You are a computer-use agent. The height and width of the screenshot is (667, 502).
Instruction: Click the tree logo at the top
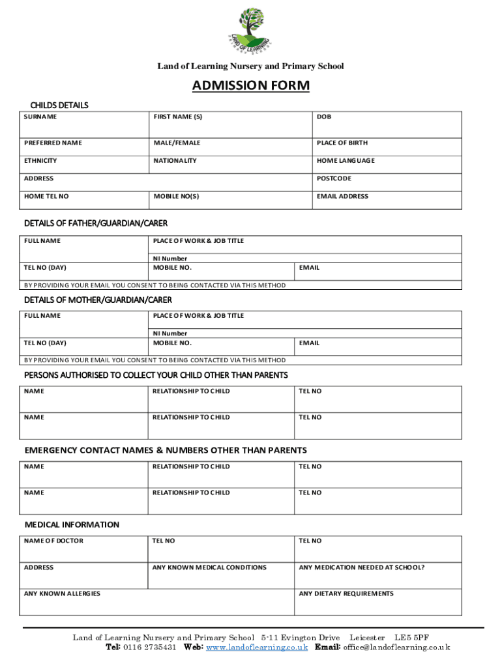(250, 30)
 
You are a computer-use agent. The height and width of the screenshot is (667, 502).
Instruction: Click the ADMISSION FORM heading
(250, 86)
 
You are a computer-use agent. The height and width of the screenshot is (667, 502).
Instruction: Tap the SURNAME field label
(40, 117)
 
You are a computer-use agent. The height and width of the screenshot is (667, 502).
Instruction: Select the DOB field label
(324, 117)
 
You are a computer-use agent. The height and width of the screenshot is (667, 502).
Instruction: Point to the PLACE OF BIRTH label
(342, 143)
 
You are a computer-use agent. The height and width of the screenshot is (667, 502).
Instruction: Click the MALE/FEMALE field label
(177, 143)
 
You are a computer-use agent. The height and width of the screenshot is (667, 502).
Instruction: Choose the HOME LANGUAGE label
(346, 160)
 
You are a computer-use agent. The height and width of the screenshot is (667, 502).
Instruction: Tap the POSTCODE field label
(334, 178)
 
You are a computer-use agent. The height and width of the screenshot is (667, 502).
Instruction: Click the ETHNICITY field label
(40, 160)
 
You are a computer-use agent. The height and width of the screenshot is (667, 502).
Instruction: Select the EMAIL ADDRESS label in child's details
(342, 196)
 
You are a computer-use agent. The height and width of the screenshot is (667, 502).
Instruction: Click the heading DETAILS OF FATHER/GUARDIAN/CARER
(96, 223)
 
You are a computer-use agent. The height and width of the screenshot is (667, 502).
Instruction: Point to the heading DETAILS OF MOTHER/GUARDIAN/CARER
(98, 300)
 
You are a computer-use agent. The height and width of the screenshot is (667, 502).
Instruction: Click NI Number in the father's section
(170, 259)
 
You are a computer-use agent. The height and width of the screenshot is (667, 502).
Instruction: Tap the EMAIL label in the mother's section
(309, 343)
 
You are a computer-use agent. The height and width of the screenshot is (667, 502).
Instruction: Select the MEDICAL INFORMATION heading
(72, 524)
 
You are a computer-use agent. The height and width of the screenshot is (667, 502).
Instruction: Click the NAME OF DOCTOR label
(53, 541)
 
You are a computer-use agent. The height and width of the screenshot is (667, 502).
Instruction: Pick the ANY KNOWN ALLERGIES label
(62, 593)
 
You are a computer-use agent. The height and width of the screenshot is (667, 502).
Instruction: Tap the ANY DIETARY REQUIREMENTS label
(346, 593)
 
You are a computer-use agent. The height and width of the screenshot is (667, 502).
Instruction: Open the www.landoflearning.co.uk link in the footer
(257, 647)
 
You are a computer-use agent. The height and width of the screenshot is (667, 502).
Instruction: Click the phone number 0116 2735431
(149, 647)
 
